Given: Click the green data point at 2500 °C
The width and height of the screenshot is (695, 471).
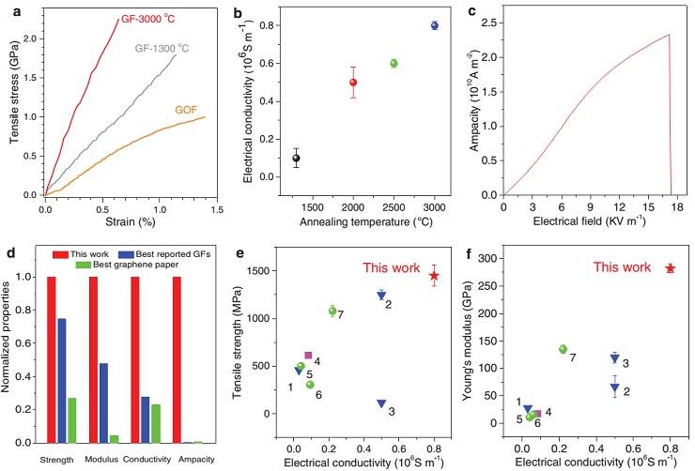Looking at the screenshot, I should tap(394, 63).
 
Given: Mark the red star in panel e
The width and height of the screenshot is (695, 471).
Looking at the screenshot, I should tap(434, 276).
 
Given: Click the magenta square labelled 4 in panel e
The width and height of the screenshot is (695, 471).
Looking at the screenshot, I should tap(308, 356).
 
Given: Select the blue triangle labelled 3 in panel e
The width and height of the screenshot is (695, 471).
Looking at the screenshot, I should tap(381, 403).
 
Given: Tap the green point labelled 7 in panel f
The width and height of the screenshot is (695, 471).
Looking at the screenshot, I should tap(563, 349).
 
